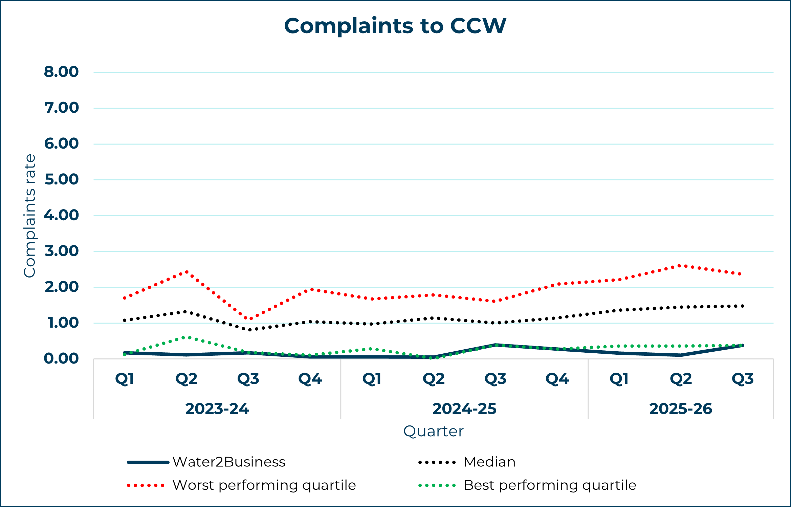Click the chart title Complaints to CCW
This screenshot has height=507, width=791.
[395, 26]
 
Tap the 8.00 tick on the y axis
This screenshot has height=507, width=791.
[61, 72]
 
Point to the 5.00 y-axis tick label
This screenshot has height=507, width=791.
[62, 180]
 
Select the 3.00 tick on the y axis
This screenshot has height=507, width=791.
[62, 251]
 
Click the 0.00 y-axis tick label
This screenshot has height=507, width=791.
[61, 359]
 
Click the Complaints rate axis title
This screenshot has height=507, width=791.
[30, 216]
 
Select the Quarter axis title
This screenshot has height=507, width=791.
[433, 432]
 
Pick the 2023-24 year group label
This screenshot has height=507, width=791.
[217, 409]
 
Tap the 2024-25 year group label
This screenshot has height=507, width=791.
[464, 409]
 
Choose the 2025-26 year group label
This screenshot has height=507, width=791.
[681, 409]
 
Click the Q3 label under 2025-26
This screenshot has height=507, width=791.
[743, 379]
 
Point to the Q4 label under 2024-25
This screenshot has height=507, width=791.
[557, 379]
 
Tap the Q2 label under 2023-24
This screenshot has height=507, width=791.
[186, 379]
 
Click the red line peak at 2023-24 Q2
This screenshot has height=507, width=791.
[186, 272]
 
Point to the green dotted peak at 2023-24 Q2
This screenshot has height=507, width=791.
[186, 337]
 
